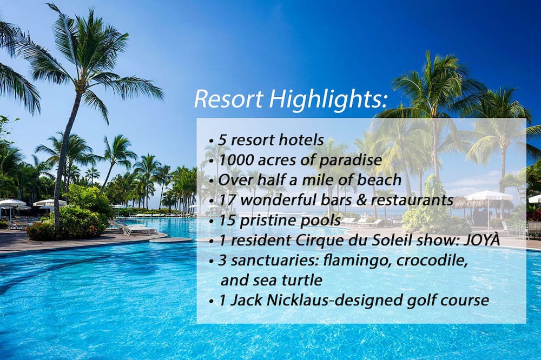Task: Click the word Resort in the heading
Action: tap(229, 98)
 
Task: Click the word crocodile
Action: tap(432, 261)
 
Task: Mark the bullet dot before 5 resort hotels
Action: tap(210, 142)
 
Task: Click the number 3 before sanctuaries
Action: tap(222, 261)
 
